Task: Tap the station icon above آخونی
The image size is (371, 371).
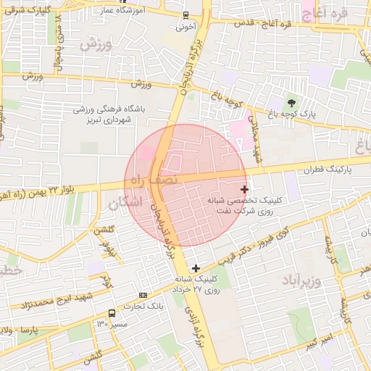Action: [x=185, y=15]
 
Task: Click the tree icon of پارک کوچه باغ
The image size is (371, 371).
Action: [x=292, y=103]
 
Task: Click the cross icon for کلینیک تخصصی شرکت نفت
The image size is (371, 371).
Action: [x=244, y=189]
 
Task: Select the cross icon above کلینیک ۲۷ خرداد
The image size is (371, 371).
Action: [x=196, y=268]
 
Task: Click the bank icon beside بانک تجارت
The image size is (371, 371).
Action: [x=143, y=295]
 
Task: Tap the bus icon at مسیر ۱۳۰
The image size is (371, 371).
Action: [x=112, y=314]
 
